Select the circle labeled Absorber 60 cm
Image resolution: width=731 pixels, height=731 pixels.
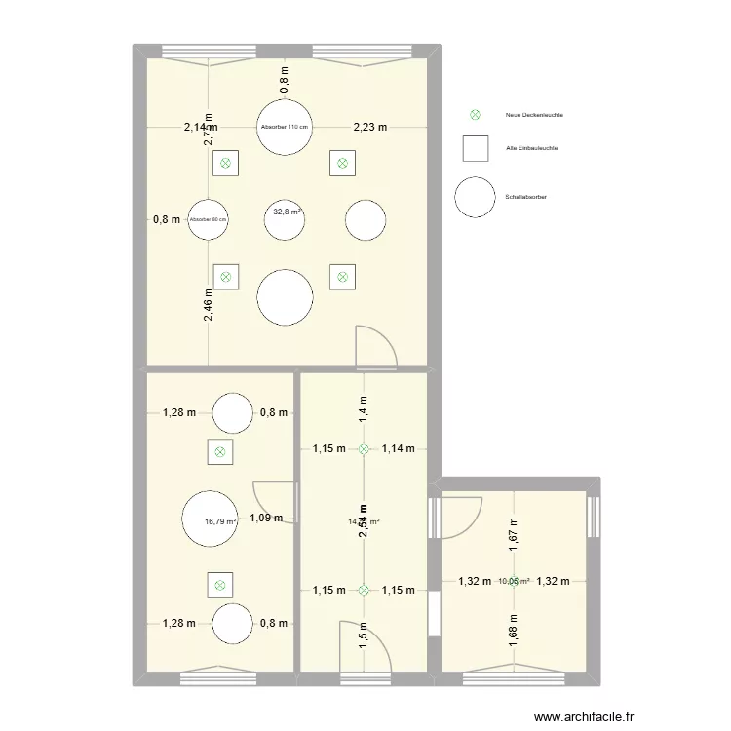209,219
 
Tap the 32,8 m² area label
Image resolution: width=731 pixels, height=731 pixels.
287,212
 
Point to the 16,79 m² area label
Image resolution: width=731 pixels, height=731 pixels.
220,521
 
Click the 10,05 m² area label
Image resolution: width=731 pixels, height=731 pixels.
513,582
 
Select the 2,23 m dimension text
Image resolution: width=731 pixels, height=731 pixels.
369,127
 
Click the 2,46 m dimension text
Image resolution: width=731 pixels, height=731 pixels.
209,305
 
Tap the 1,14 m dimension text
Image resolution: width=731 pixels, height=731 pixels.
398,449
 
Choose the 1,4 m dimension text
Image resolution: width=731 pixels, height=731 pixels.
364,406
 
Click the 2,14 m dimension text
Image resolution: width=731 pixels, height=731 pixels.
201,127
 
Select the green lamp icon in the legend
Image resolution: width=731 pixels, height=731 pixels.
476,115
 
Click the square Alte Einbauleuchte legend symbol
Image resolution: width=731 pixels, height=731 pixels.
476,148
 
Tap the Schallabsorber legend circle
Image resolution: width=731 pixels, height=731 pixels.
476,197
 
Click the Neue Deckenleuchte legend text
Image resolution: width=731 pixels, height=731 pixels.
534,115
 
